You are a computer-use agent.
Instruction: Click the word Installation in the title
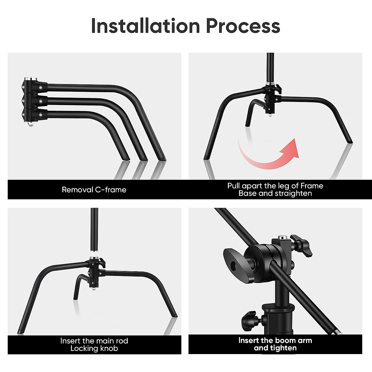pyautogui.click(x=145, y=26)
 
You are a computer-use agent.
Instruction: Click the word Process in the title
pyautogui.click(x=243, y=26)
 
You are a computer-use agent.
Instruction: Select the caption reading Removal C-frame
pyautogui.click(x=94, y=190)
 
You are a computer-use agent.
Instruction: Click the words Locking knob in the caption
pyautogui.click(x=94, y=348)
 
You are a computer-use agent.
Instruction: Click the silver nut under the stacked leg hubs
pyautogui.click(x=31, y=125)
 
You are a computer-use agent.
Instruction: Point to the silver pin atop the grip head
pyautogui.click(x=282, y=238)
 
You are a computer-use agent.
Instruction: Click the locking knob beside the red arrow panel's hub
pyautogui.click(x=278, y=89)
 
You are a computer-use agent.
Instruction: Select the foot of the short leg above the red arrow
pyautogui.click(x=247, y=125)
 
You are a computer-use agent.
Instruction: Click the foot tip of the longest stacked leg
pyautogui.click(x=162, y=159)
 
